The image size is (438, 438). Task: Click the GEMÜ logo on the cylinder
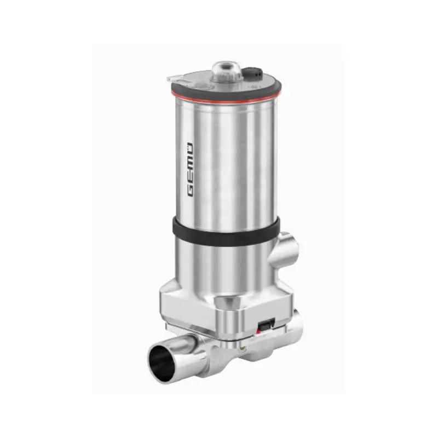[190, 170]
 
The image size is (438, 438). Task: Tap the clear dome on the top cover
[226, 72]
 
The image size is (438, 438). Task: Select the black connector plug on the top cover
[252, 74]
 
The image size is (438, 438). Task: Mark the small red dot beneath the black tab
[258, 332]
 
